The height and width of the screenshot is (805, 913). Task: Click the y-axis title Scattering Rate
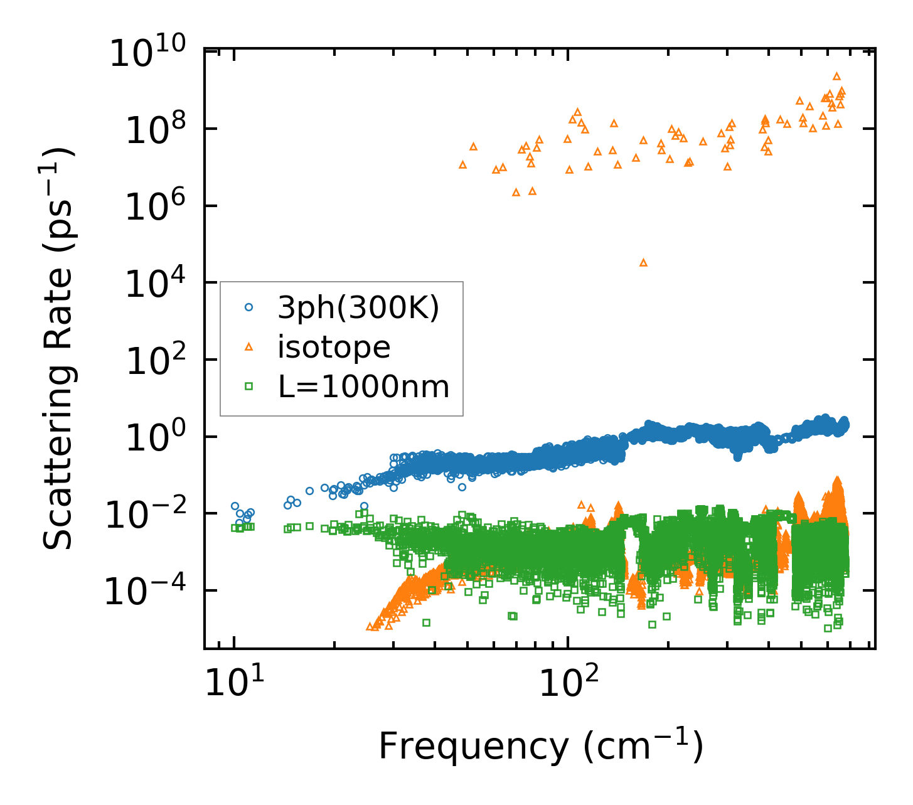[59, 348]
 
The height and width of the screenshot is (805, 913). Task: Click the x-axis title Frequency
[540, 747]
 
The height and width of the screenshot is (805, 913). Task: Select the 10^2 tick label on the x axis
[567, 684]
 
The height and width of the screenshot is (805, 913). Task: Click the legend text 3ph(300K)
[359, 308]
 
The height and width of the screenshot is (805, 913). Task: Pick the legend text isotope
[334, 347]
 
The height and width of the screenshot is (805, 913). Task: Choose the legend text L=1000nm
[364, 387]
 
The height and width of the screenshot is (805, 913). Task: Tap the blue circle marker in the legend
[248, 307]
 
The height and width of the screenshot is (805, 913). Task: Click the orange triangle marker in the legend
[248, 347]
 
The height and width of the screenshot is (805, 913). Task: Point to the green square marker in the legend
[248, 387]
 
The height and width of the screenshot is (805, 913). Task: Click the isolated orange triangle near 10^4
[643, 262]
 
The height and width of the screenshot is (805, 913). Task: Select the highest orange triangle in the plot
[836, 76]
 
